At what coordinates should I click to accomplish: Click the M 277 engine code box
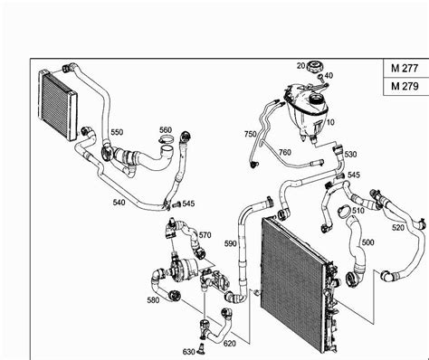coord(406,69)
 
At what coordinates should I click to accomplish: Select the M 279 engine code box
coord(406,87)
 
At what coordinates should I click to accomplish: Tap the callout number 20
coord(301,65)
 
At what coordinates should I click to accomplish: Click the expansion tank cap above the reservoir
coord(315,67)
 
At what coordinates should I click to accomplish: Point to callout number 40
coord(329,75)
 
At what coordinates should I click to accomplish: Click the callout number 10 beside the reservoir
coord(330,122)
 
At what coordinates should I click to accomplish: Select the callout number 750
coord(251,134)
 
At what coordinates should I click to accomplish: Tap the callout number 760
coord(284,152)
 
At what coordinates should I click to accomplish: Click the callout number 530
coord(350,155)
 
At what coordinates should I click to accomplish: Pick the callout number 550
coord(117,132)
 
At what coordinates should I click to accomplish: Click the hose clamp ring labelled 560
coord(166,139)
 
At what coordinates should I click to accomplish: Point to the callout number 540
coord(119,203)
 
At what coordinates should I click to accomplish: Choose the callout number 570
coord(205,235)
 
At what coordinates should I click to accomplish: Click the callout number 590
coord(231,243)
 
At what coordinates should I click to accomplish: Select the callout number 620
coord(230,344)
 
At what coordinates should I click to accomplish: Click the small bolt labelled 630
coord(201,349)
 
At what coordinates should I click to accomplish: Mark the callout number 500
coord(367,242)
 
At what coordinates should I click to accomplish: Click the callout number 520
coord(397,228)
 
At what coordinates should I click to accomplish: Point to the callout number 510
coord(357,210)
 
